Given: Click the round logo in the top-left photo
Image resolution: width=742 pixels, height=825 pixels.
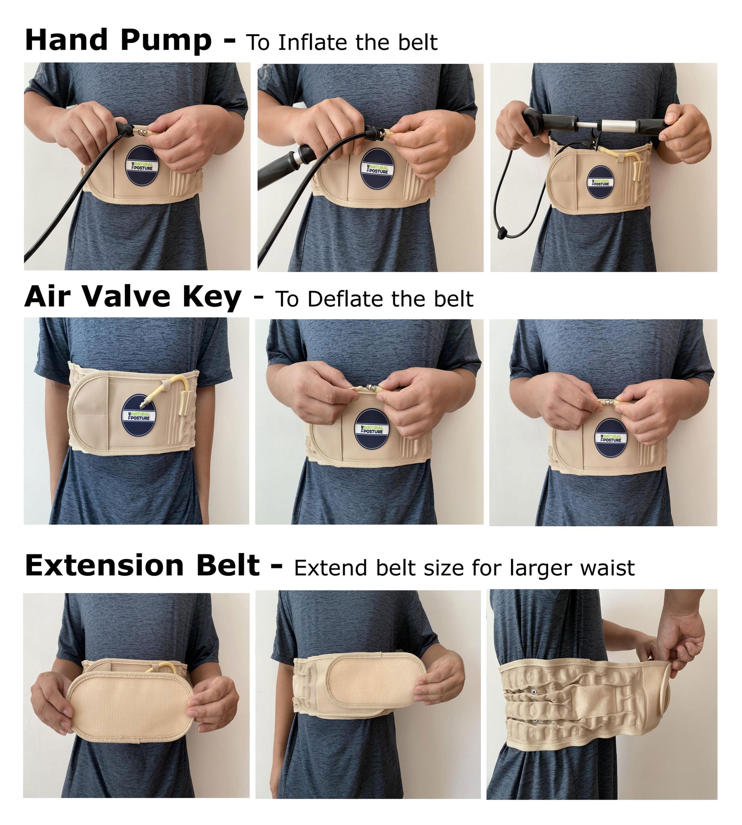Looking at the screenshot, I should point(142,165).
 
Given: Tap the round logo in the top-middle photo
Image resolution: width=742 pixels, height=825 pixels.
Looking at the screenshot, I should point(377,169).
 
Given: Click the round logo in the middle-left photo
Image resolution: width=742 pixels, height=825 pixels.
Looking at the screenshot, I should point(139,415).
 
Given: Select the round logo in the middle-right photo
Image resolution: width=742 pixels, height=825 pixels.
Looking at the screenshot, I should point(610,438).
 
